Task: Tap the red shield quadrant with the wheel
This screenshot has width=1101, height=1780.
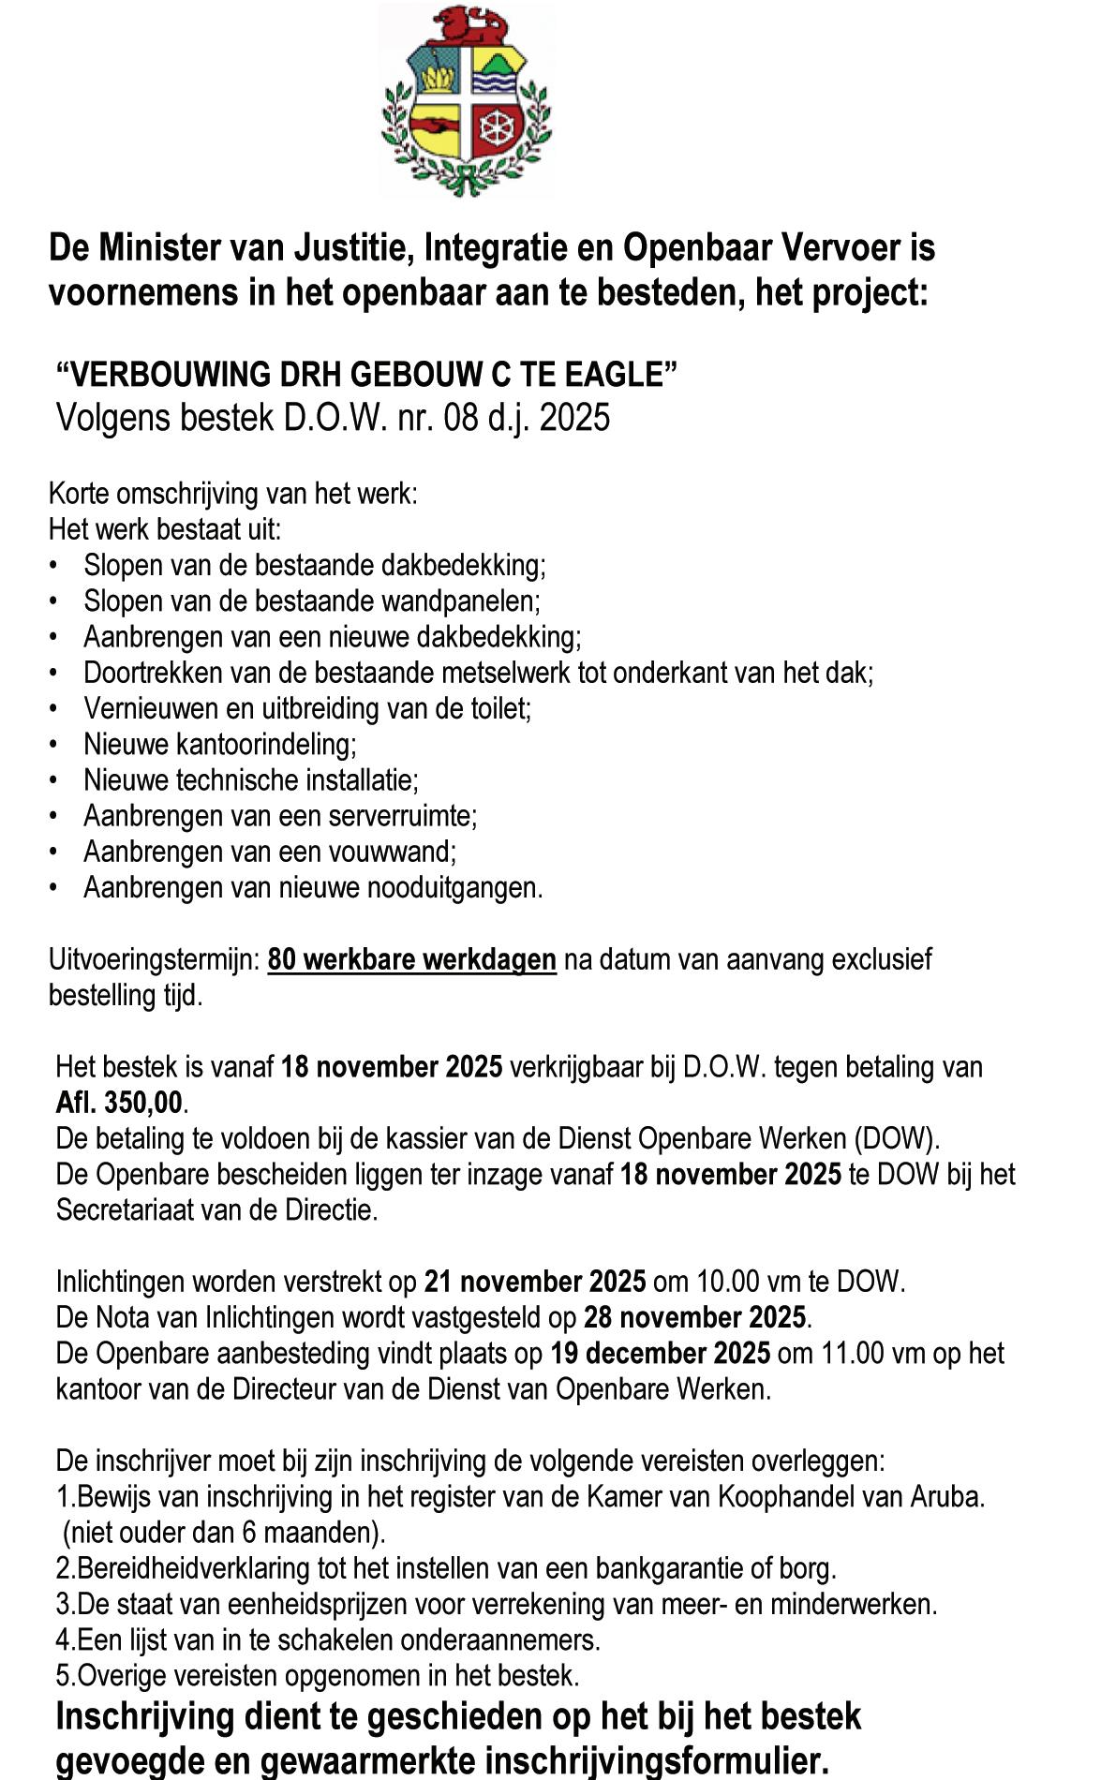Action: tap(496, 127)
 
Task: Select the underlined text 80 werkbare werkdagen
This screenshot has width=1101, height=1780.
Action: tap(411, 960)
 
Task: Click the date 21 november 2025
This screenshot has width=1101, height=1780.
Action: tap(534, 1282)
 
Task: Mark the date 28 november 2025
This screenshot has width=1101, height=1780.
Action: tap(693, 1318)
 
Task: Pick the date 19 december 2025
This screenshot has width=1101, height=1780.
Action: tap(661, 1354)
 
